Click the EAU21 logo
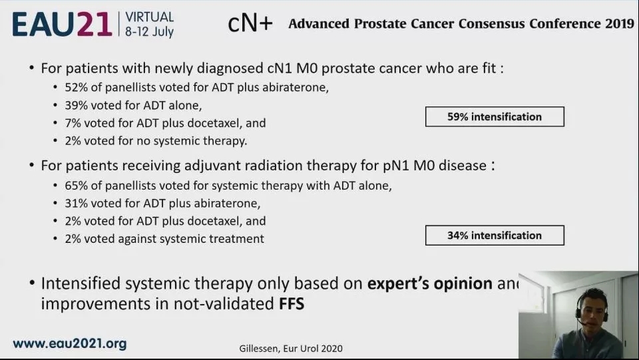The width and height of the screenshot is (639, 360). (x=62, y=24)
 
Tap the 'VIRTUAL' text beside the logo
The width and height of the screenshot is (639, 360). (x=150, y=17)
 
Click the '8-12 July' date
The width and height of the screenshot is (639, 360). (x=150, y=31)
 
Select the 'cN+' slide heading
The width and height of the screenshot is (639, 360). (x=250, y=23)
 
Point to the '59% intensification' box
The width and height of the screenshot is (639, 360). (x=495, y=117)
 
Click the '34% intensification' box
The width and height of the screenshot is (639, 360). (x=495, y=236)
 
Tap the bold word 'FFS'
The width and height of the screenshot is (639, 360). (x=292, y=304)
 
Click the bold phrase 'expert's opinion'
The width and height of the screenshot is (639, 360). (x=430, y=283)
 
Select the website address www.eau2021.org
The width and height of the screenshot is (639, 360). (x=70, y=343)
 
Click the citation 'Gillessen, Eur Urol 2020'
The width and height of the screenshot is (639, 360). (x=291, y=349)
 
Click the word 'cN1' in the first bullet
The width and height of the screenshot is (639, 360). (x=280, y=68)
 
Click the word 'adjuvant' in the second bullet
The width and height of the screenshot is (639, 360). (x=214, y=166)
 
